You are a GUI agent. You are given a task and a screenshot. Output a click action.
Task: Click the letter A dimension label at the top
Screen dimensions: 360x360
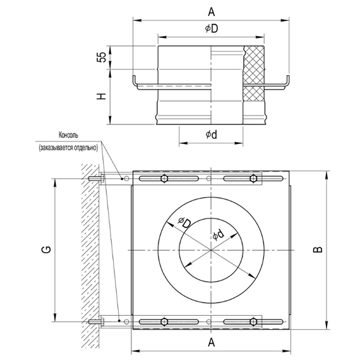point(210,11)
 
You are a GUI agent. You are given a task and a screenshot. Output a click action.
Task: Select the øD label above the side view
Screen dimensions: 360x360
point(210,29)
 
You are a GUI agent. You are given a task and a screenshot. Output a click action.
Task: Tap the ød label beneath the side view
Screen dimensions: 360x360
point(212,135)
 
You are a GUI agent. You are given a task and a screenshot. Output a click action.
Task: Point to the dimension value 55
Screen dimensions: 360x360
point(100,57)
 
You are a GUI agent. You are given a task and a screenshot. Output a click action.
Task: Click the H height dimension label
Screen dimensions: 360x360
point(100,97)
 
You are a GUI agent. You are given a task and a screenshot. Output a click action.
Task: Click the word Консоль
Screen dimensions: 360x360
point(69,135)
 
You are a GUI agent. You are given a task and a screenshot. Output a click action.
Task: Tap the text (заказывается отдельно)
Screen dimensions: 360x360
point(69,147)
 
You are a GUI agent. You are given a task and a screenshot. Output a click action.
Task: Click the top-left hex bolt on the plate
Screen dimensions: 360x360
point(164,178)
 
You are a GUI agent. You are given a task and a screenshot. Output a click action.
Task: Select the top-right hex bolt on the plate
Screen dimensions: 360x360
point(254,178)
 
